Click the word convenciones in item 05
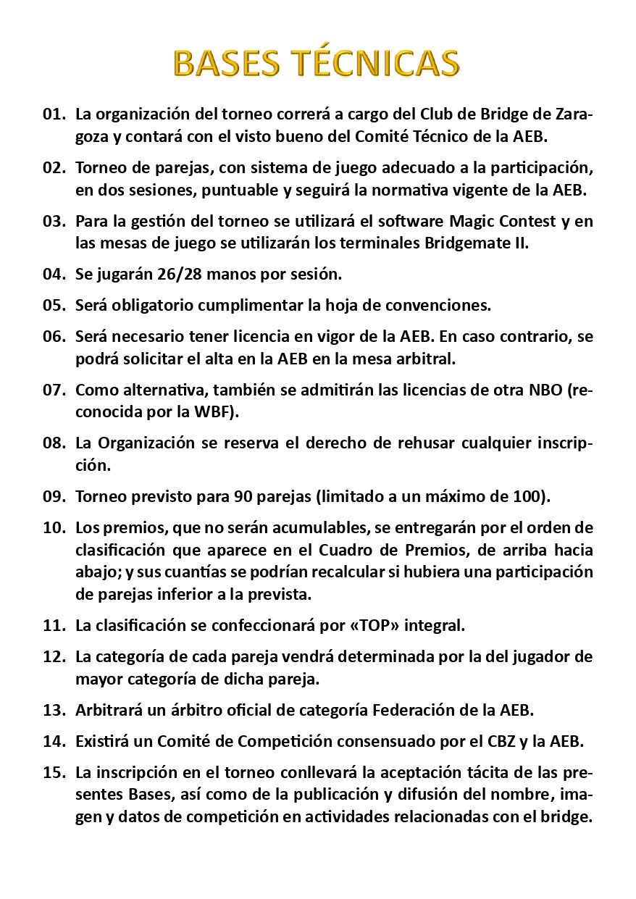tap(443, 305)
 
